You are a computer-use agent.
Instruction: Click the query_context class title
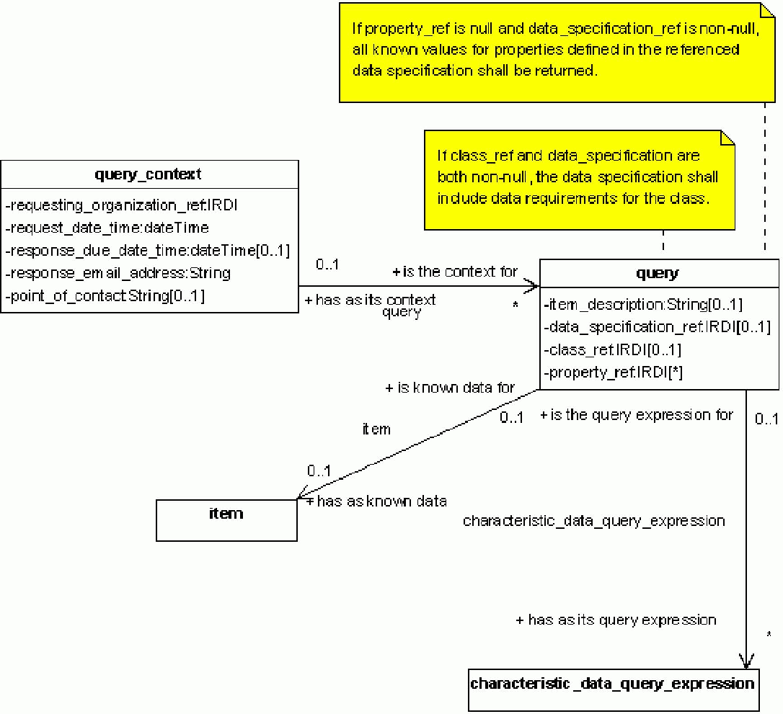[x=149, y=174]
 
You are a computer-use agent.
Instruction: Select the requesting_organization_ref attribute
[x=121, y=206]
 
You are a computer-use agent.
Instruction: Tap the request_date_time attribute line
[x=107, y=228]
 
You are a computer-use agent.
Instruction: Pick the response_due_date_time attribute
[x=147, y=251]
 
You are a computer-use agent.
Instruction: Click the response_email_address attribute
[x=118, y=273]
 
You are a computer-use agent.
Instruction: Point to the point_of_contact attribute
[x=105, y=295]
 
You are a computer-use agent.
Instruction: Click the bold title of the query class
[x=658, y=274]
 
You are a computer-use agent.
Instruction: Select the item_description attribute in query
[x=644, y=305]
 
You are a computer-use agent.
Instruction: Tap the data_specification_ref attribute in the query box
[x=658, y=327]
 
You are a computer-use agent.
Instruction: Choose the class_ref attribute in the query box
[x=613, y=350]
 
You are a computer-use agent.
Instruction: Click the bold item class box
[x=226, y=519]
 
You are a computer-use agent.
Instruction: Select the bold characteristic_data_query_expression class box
[x=612, y=683]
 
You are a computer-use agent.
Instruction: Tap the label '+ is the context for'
[x=455, y=272]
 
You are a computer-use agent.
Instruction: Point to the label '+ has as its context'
[x=371, y=300]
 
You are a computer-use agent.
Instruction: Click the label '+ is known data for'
[x=451, y=388]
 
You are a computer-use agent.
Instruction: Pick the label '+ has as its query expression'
[x=616, y=620]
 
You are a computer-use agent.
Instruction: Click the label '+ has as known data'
[x=376, y=501]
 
